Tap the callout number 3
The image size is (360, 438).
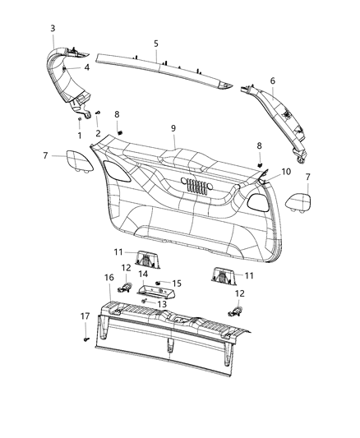pyautogui.click(x=53, y=29)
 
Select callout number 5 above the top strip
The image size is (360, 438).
pyautogui.click(x=155, y=42)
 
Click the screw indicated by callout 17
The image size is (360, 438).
pyautogui.click(x=85, y=338)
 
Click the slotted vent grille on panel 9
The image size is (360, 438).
pyautogui.click(x=194, y=187)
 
